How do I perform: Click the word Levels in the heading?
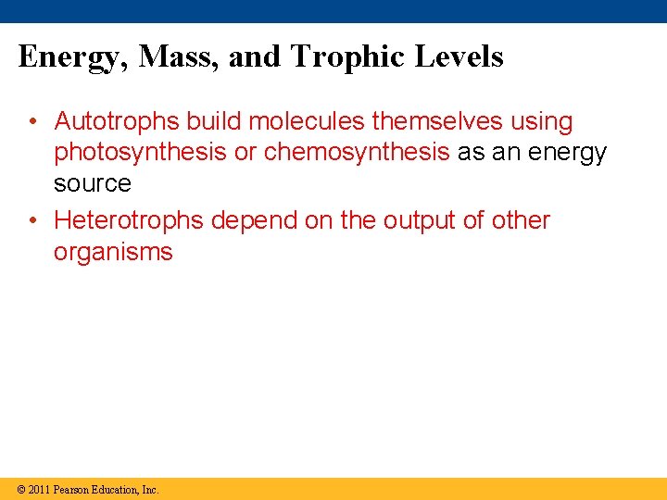click(x=459, y=57)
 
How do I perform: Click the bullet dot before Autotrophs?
click(x=31, y=121)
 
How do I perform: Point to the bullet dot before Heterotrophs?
click(x=31, y=220)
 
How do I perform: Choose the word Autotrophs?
click(x=117, y=121)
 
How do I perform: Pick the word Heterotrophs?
click(x=129, y=220)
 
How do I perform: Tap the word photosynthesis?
click(x=140, y=153)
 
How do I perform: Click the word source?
click(x=92, y=183)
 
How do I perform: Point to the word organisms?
click(x=113, y=252)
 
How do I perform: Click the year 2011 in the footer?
click(x=39, y=489)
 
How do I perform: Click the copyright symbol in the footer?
click(x=20, y=489)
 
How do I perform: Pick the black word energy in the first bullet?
click(x=564, y=153)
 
